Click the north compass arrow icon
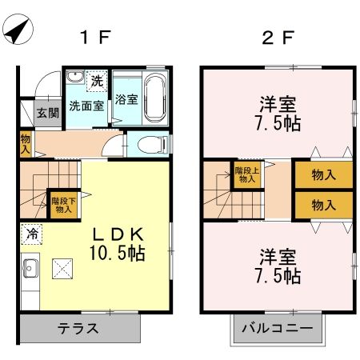click(18, 32)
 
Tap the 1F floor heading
click(93, 37)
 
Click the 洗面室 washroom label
click(85, 105)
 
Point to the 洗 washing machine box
click(96, 80)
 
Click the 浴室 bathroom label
click(126, 100)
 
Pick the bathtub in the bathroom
click(155, 98)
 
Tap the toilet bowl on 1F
click(148, 145)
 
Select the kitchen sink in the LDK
click(30, 268)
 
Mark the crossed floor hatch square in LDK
click(61, 269)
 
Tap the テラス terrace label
click(78, 328)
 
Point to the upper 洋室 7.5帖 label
click(278, 114)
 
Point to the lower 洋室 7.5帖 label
click(278, 267)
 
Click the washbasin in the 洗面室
click(74, 78)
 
